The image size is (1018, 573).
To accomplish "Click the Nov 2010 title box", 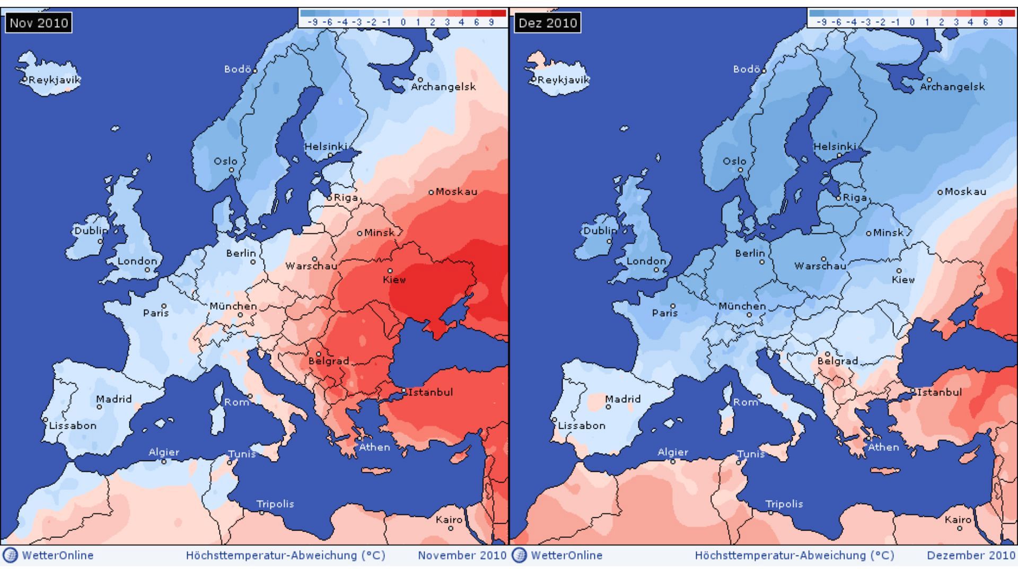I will [x=39, y=23].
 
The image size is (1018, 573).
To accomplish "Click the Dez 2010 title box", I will [x=548, y=23].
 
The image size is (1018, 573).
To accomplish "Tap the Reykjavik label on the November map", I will [x=54, y=80].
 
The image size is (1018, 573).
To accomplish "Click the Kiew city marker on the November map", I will [x=390, y=271].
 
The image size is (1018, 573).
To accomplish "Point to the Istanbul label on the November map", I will [x=431, y=392].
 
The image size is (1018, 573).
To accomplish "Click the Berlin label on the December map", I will [x=750, y=253].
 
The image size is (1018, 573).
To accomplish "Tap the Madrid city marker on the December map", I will [x=608, y=407].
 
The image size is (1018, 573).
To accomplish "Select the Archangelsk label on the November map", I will [x=443, y=87].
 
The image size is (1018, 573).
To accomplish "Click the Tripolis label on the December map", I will [x=784, y=504].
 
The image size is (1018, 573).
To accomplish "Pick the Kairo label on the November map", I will [x=449, y=519].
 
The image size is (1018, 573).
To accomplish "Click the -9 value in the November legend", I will [x=313, y=22].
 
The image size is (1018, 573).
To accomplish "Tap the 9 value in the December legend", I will [x=1000, y=22].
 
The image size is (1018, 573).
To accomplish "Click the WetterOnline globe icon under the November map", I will [x=10, y=555].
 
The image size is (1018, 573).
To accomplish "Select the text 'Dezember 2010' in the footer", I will [x=970, y=555].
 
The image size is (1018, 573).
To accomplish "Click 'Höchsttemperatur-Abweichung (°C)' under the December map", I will [x=794, y=555].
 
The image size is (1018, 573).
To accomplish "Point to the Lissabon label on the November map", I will [x=73, y=426].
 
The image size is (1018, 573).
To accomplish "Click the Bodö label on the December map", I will [x=747, y=70].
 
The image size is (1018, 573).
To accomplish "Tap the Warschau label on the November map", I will [x=311, y=266].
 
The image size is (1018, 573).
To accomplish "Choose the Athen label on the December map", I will [x=883, y=447].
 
